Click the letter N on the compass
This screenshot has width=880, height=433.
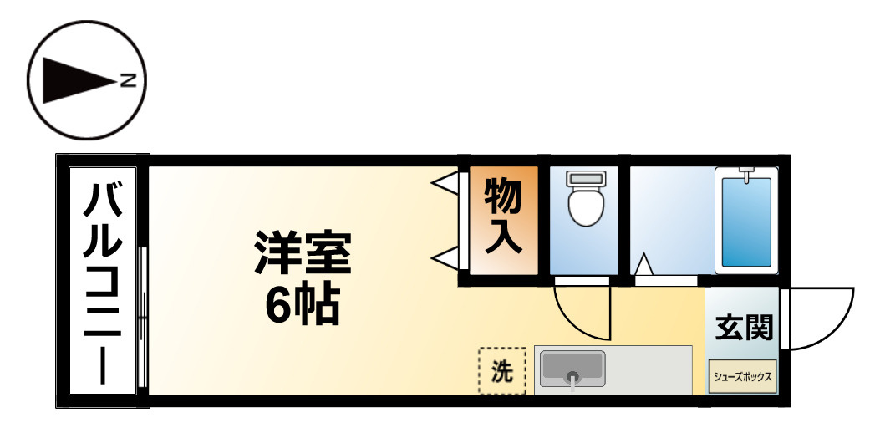[128, 81]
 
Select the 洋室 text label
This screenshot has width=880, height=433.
[303, 251]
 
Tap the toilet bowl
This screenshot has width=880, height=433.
[584, 206]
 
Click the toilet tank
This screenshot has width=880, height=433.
[584, 178]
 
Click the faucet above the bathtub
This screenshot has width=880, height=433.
[746, 175]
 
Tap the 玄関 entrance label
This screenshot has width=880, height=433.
[742, 328]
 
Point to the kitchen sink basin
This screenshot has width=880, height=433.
[572, 368]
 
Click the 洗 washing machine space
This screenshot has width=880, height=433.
[501, 370]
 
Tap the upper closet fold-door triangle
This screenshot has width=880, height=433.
[445, 181]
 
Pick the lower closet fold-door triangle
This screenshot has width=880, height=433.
[445, 257]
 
